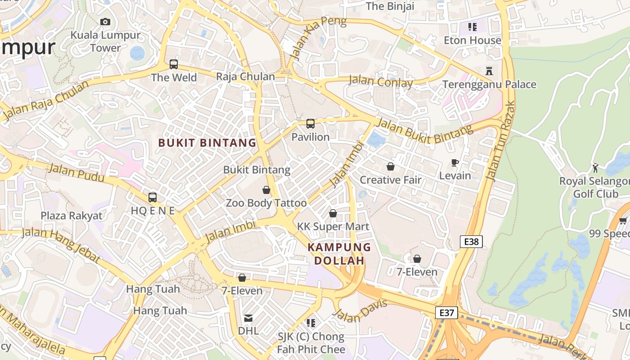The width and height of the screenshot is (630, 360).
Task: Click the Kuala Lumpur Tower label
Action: [x=105, y=41]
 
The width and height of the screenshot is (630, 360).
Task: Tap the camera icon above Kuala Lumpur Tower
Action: [x=105, y=22]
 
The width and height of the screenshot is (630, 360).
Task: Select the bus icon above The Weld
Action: [x=174, y=64]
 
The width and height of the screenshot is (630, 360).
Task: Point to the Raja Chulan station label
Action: [x=245, y=76]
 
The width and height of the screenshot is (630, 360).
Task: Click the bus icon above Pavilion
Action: [x=310, y=124]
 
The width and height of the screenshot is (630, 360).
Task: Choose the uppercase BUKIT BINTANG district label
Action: [x=207, y=143]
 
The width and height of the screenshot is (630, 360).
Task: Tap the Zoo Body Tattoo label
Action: [x=266, y=203]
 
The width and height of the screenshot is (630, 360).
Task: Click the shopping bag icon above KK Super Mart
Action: [x=333, y=213]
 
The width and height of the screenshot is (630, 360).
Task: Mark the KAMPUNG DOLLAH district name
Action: [x=339, y=254]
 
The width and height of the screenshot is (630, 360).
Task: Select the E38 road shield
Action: [x=471, y=242]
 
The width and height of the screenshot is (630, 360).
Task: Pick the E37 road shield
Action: [x=446, y=312]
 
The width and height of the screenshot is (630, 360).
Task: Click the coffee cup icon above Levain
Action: [x=455, y=162]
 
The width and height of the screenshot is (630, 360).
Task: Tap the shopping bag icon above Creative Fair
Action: [x=391, y=166]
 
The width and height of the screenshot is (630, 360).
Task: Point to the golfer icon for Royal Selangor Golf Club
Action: [x=596, y=168]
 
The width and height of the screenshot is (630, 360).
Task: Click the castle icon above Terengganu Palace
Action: [x=489, y=71]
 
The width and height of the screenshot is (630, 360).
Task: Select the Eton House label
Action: [x=472, y=40]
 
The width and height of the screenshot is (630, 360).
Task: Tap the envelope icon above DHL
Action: [x=248, y=318]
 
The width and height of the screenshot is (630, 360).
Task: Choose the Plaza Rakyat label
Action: [x=72, y=216]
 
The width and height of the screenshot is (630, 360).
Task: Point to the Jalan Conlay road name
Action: [x=381, y=81]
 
